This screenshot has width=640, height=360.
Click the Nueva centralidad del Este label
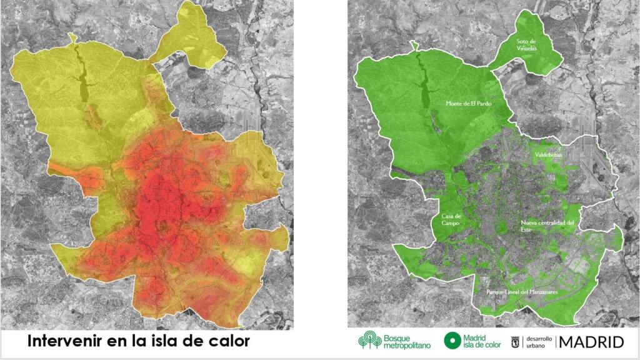click(x=547, y=226)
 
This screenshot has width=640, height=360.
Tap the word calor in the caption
click(x=227, y=341)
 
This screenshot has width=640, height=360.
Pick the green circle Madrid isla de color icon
click(x=452, y=341)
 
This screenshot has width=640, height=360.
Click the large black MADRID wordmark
click(x=592, y=341)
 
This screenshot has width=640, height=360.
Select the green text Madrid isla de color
click(x=481, y=341)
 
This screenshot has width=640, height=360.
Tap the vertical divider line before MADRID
click(x=556, y=341)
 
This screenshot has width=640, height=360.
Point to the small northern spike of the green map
click(x=412, y=46)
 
